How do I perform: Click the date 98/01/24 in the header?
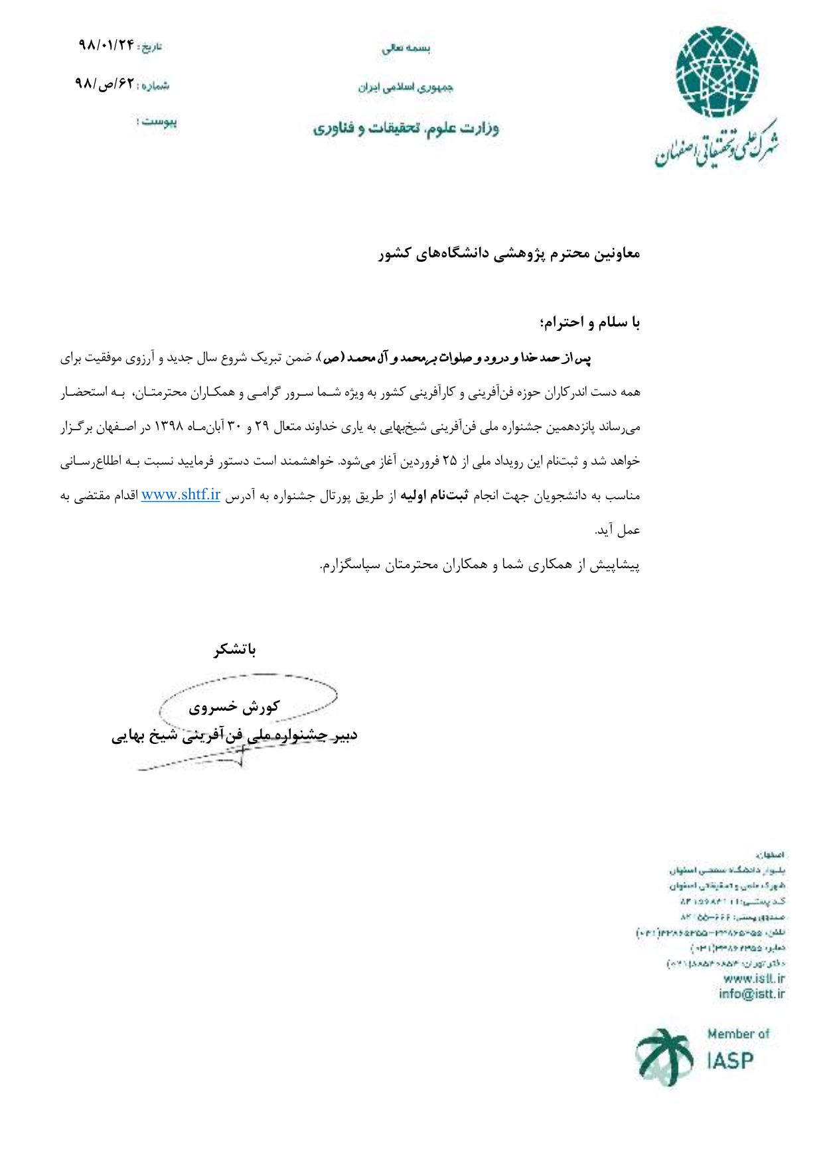coord(106,45)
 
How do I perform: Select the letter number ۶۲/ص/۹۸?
coord(104,84)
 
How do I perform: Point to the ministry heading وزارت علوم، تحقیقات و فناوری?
coord(406,127)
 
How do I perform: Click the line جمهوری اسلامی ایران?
coord(406,87)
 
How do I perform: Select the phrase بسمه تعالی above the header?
coord(406,48)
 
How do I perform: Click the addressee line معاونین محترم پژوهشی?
coord(509,253)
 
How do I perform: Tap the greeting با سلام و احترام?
coord(589,322)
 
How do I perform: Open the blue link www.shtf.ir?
coord(181,495)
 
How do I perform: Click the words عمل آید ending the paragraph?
coord(617,530)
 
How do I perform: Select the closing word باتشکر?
coord(235,649)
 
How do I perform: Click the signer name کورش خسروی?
coord(234,707)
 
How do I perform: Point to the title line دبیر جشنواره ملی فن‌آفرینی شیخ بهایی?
coord(234,735)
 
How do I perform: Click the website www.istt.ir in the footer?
coord(753,978)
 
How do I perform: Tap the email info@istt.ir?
coord(751,993)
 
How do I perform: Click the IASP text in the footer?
coord(730,1061)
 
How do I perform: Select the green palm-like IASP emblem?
coord(664,1056)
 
